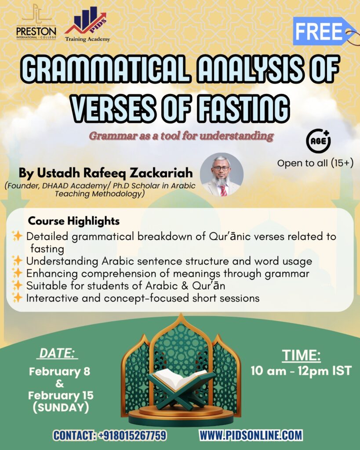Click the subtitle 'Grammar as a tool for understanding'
181,135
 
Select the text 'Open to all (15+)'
315,163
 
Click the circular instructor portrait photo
222,174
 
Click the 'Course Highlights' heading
74,221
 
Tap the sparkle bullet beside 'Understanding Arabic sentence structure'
18,261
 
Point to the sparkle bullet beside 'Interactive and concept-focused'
18,298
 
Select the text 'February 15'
61,395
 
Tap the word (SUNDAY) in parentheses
61,407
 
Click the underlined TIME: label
301,354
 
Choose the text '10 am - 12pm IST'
301,370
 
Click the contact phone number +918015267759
132,435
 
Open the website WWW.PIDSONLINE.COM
251,435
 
